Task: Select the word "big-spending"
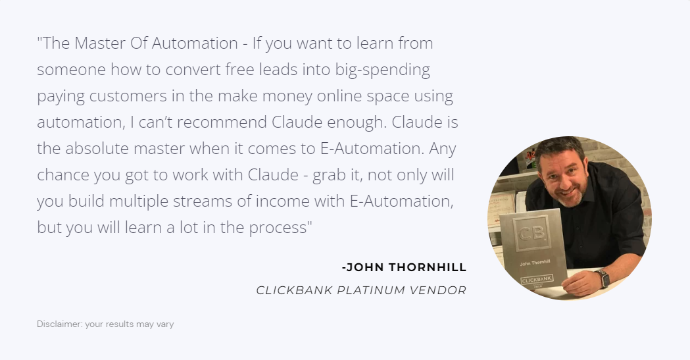[382, 70]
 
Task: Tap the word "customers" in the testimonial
[128, 96]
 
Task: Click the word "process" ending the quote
[278, 228]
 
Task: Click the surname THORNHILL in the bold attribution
[428, 267]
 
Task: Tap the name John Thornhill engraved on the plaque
[535, 263]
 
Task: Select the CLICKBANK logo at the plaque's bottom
[537, 280]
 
